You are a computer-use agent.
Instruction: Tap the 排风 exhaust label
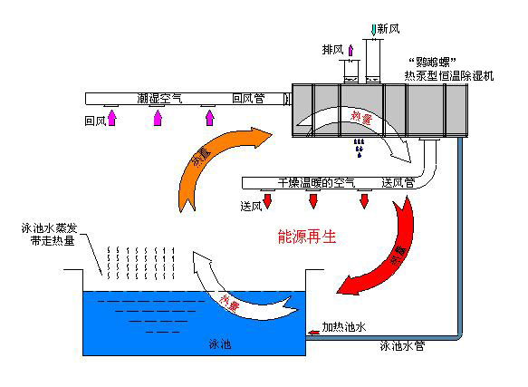tap(332, 48)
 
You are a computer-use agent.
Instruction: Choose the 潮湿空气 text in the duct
tap(159, 98)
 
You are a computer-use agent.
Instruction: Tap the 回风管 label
tap(248, 98)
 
